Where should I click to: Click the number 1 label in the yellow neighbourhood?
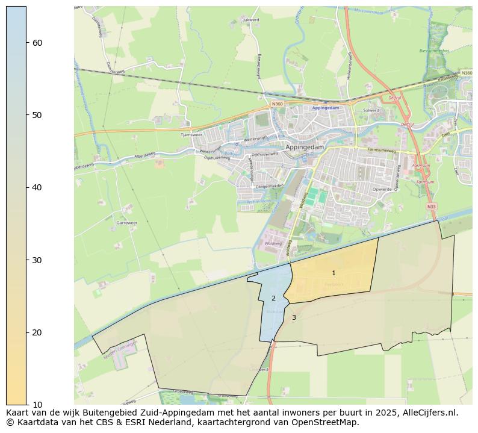pos(334,273)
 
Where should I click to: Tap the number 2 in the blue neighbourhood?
pos(273,298)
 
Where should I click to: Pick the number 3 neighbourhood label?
pos(294,317)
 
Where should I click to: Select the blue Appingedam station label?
pos(326,108)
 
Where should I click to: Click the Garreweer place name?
pos(126,223)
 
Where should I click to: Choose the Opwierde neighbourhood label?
pos(381,188)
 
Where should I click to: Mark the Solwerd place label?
pos(371,110)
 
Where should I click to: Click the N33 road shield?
pos(431,207)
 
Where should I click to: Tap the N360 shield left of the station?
pos(277,104)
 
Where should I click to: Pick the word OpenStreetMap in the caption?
pos(328,422)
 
